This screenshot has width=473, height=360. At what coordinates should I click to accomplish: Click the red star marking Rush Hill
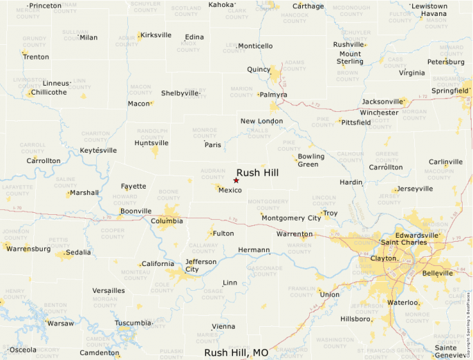click(236, 180)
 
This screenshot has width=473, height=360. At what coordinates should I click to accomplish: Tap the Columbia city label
click(167, 221)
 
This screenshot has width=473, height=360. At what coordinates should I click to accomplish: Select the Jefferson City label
click(201, 265)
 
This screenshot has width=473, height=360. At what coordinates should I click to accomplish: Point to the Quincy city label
click(259, 70)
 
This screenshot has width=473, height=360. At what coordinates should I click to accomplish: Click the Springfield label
click(450, 91)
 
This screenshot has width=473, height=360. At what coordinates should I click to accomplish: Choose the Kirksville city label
click(156, 35)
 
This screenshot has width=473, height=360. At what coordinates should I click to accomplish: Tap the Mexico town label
click(230, 190)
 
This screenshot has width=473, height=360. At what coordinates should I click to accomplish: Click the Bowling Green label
click(310, 160)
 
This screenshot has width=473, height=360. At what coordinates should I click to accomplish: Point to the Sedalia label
click(78, 252)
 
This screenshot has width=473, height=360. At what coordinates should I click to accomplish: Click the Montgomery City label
click(291, 218)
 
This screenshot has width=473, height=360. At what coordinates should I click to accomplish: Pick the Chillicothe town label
click(49, 92)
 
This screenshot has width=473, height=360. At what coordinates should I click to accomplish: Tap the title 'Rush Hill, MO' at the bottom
click(236, 352)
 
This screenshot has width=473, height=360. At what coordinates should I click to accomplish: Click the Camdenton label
click(100, 353)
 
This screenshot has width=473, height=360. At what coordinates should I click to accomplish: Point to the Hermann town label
click(253, 249)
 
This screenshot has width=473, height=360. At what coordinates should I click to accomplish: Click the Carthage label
click(307, 6)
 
